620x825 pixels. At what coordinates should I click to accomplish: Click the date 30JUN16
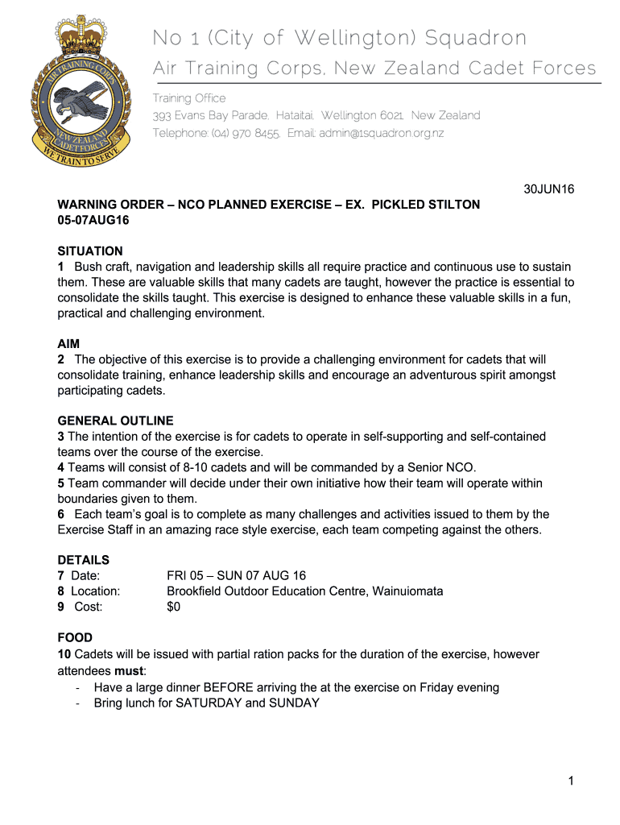click(x=548, y=189)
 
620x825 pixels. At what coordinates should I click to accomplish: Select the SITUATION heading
click(x=90, y=251)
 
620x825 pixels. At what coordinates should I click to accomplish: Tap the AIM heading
click(x=68, y=344)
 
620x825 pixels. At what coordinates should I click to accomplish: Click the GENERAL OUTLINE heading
click(x=115, y=421)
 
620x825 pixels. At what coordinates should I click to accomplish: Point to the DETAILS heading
click(x=83, y=560)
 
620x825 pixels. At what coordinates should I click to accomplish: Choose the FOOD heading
click(x=75, y=637)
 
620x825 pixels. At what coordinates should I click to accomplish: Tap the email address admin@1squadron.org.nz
click(x=381, y=133)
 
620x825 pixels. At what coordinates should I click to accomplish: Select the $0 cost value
click(x=173, y=607)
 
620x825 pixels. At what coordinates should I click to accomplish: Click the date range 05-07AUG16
click(x=93, y=220)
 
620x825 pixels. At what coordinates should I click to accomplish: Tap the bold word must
click(x=129, y=670)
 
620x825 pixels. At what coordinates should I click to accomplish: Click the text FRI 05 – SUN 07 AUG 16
click(x=236, y=575)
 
